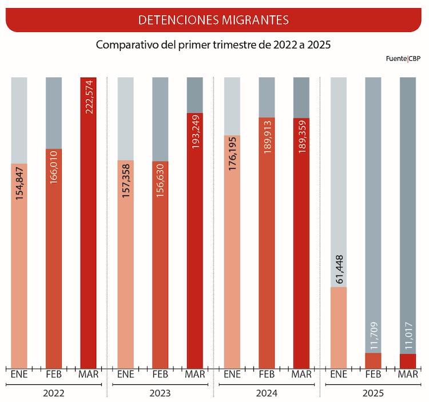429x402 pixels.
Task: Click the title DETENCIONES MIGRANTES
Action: pyautogui.click(x=213, y=20)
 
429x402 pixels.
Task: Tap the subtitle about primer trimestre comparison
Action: pyautogui.click(x=213, y=45)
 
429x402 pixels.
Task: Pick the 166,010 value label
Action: pyautogui.click(x=54, y=167)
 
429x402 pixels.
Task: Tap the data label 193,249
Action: pyautogui.click(x=195, y=132)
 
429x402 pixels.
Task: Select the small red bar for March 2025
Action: pyautogui.click(x=407, y=361)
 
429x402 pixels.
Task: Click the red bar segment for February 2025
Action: pyautogui.click(x=373, y=361)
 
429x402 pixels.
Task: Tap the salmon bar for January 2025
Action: pyautogui.click(x=339, y=328)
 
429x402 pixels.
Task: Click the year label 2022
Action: pyautogui.click(x=54, y=393)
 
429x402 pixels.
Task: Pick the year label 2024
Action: pyautogui.click(x=267, y=393)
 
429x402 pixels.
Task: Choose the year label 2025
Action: pyautogui.click(x=373, y=393)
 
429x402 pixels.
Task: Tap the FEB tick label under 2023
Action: pyautogui.click(x=160, y=375)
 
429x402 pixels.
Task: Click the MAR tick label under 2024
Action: pyautogui.click(x=301, y=375)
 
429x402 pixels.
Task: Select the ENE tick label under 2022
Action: pyautogui.click(x=19, y=375)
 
